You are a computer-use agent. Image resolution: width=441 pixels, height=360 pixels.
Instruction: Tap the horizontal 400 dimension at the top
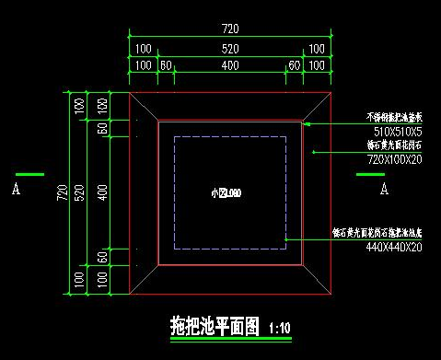pos(230,65)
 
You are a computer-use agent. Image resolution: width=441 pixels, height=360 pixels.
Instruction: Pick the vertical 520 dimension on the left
pos(80,192)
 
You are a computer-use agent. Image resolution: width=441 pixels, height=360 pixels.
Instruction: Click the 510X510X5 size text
pos(393,130)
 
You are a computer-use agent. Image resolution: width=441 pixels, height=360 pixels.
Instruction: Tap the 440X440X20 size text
pos(394,247)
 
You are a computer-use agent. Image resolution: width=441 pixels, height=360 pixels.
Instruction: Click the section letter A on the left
pos(16,190)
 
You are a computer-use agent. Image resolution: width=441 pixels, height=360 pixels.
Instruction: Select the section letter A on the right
pos(384,190)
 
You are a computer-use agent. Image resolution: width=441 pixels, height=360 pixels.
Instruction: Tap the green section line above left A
pos(29,174)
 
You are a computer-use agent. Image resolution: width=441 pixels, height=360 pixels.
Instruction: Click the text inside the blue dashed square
pos(225,193)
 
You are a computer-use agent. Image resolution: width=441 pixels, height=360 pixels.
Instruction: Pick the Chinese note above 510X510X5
pos(394,118)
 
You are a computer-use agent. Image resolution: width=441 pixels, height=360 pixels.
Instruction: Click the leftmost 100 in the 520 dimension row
pos(143,48)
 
